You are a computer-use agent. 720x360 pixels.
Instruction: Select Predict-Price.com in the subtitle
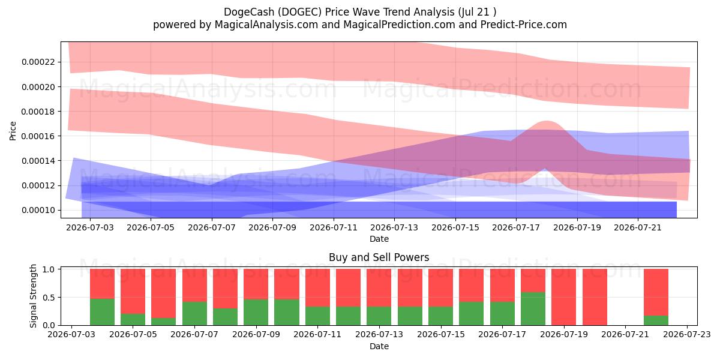[x=524, y=25]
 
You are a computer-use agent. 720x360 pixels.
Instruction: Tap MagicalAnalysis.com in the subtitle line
[x=266, y=25]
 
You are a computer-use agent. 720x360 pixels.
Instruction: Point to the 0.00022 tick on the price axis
[x=38, y=62]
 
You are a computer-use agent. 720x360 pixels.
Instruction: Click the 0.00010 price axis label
[x=38, y=210]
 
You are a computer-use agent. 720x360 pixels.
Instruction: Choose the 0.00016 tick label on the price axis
[x=38, y=136]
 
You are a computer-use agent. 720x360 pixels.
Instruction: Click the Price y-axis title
[x=13, y=131]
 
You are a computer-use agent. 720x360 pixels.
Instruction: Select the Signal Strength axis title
[x=33, y=296]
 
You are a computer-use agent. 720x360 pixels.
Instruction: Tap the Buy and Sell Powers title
[x=379, y=257]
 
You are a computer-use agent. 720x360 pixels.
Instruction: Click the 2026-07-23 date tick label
[x=687, y=335]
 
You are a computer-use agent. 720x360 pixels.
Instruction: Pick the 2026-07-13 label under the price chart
[x=394, y=227]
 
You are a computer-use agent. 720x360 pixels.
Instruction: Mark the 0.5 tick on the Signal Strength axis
[x=49, y=298]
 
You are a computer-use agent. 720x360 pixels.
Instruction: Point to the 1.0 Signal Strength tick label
[x=49, y=269]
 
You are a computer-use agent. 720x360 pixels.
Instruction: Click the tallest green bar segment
[x=533, y=308]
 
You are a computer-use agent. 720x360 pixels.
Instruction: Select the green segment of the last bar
[x=656, y=320]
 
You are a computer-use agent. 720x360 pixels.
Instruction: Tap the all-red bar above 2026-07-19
[x=564, y=297]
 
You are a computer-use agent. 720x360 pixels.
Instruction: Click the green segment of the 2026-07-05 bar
[x=133, y=319]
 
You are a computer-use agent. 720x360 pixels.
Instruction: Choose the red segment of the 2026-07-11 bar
[x=317, y=287]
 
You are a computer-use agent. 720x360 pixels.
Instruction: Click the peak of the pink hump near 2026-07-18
[x=547, y=121]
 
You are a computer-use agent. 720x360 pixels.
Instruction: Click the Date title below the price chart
[x=379, y=239]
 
